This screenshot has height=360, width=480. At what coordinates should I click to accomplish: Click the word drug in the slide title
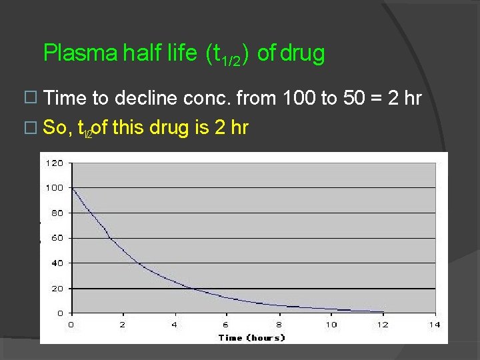pyautogui.click(x=302, y=53)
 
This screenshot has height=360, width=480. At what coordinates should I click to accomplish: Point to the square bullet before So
pyautogui.click(x=27, y=127)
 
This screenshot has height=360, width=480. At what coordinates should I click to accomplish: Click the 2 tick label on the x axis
pyautogui.click(x=123, y=325)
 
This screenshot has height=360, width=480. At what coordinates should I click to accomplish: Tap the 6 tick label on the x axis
pyautogui.click(x=227, y=325)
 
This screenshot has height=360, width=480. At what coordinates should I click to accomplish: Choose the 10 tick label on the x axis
pyautogui.click(x=331, y=325)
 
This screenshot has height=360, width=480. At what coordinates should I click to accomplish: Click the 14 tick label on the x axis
pyautogui.click(x=435, y=325)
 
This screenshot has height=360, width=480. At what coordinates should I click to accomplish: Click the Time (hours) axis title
pyautogui.click(x=252, y=337)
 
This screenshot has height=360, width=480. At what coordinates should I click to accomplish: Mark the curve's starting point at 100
pyautogui.click(x=72, y=188)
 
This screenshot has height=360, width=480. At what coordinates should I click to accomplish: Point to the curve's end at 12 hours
pyautogui.click(x=383, y=311)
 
